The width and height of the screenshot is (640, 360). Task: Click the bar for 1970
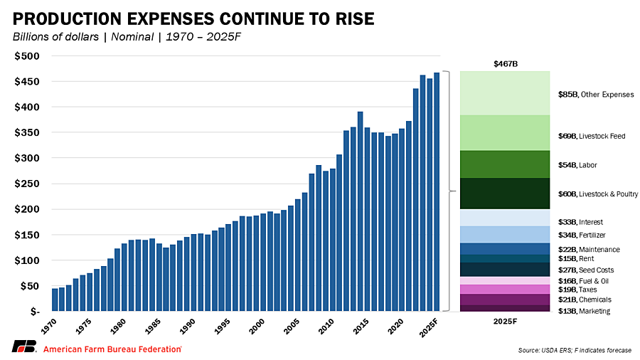pyautogui.click(x=55, y=300)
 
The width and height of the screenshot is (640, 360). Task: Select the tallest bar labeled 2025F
pyautogui.click(x=436, y=192)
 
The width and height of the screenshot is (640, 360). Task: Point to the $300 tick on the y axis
pyautogui.click(x=31, y=158)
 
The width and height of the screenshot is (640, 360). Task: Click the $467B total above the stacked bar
pyautogui.click(x=505, y=64)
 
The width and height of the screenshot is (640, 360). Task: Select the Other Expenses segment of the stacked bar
pyautogui.click(x=505, y=93)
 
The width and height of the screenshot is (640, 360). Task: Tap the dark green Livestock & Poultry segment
pyautogui.click(x=505, y=194)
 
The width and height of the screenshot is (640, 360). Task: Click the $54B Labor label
pyautogui.click(x=577, y=165)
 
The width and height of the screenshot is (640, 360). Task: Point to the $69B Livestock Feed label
pyautogui.click(x=592, y=136)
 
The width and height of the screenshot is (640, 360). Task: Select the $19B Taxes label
pyautogui.click(x=578, y=290)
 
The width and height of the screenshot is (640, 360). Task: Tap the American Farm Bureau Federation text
pyautogui.click(x=112, y=349)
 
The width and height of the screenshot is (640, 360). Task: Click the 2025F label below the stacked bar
pyautogui.click(x=505, y=322)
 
